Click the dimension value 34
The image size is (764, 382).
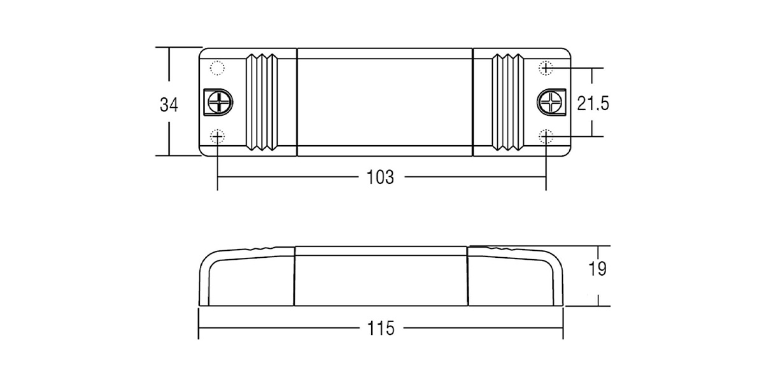tap(169, 104)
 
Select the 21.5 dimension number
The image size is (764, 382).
tap(593, 103)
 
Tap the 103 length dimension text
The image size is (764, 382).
tap(380, 178)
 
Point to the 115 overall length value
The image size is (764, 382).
tap(381, 329)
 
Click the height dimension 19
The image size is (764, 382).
tap(598, 269)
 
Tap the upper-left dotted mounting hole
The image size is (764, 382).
tap(217, 68)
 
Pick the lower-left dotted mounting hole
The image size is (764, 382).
tap(217, 137)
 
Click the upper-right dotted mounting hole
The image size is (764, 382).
tap(546, 68)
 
